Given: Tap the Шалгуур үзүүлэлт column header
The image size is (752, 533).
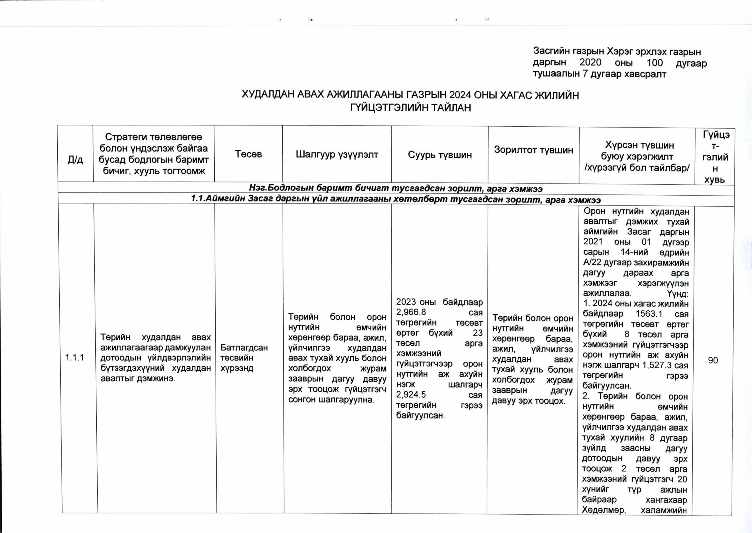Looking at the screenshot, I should (x=337, y=154).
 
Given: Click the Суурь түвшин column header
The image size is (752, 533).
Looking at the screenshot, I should (x=440, y=155).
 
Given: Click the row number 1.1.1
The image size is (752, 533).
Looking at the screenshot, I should (x=75, y=357).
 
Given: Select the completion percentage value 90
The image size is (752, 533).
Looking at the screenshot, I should (x=713, y=360).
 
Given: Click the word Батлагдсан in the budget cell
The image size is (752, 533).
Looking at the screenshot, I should (x=244, y=347).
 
